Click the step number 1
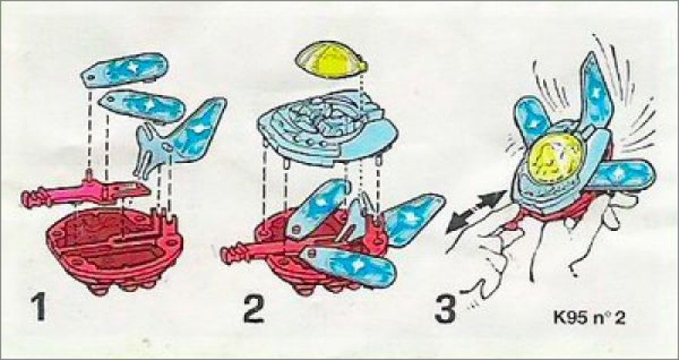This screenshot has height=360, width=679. [x=39, y=306]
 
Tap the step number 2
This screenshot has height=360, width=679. [x=253, y=308]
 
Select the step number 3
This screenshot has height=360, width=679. [x=446, y=308]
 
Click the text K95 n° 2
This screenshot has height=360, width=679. [x=589, y=318]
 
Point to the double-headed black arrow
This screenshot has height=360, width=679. [x=476, y=211]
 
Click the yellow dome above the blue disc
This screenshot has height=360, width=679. [x=331, y=60]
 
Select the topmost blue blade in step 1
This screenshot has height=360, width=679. [x=124, y=69]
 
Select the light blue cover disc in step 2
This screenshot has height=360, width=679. [x=328, y=127]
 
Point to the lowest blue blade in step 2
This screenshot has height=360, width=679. [x=348, y=267]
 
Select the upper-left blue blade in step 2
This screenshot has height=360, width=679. [x=318, y=208]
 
